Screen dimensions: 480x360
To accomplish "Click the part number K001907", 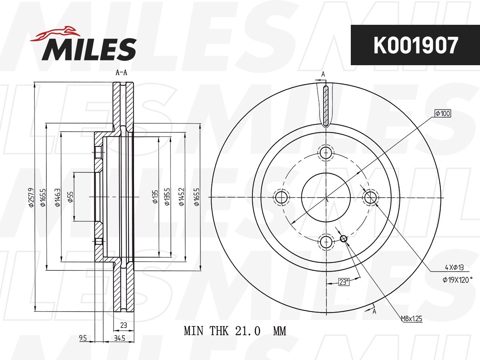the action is [x=416, y=46].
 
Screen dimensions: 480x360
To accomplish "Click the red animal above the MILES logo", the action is [x=55, y=34].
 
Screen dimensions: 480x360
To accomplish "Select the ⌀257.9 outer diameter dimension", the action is [x=31, y=197].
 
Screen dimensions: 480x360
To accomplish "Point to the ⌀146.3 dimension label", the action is [x=58, y=197].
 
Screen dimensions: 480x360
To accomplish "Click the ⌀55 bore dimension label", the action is [x=70, y=197].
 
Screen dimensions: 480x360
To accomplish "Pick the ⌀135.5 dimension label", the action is [x=167, y=197].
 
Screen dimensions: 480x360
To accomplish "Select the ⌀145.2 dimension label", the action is [x=182, y=197].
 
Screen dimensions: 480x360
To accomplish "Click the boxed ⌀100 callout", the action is [x=443, y=114].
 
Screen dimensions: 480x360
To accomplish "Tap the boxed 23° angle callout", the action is [x=344, y=282].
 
